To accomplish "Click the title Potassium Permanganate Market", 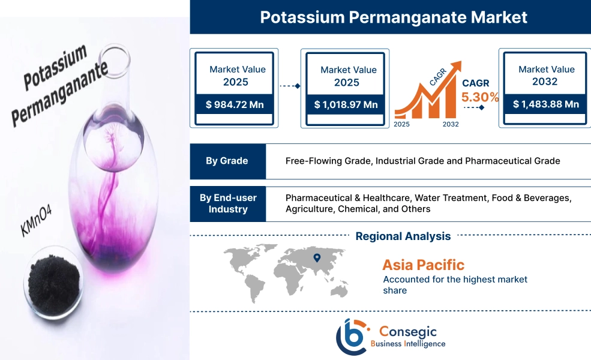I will (394, 17).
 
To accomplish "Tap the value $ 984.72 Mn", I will (235, 104).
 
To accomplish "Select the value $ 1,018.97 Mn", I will (346, 105).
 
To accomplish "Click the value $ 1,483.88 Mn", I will (545, 104).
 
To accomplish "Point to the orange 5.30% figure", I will (479, 97).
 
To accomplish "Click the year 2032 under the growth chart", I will (451, 124).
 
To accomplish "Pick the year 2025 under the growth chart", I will (403, 124).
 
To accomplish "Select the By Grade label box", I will (227, 161).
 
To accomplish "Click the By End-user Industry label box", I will (227, 203).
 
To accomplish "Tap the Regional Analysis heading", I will (403, 236).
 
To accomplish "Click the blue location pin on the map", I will (317, 259).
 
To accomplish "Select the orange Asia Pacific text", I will (423, 265).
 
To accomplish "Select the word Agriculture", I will (308, 209).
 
